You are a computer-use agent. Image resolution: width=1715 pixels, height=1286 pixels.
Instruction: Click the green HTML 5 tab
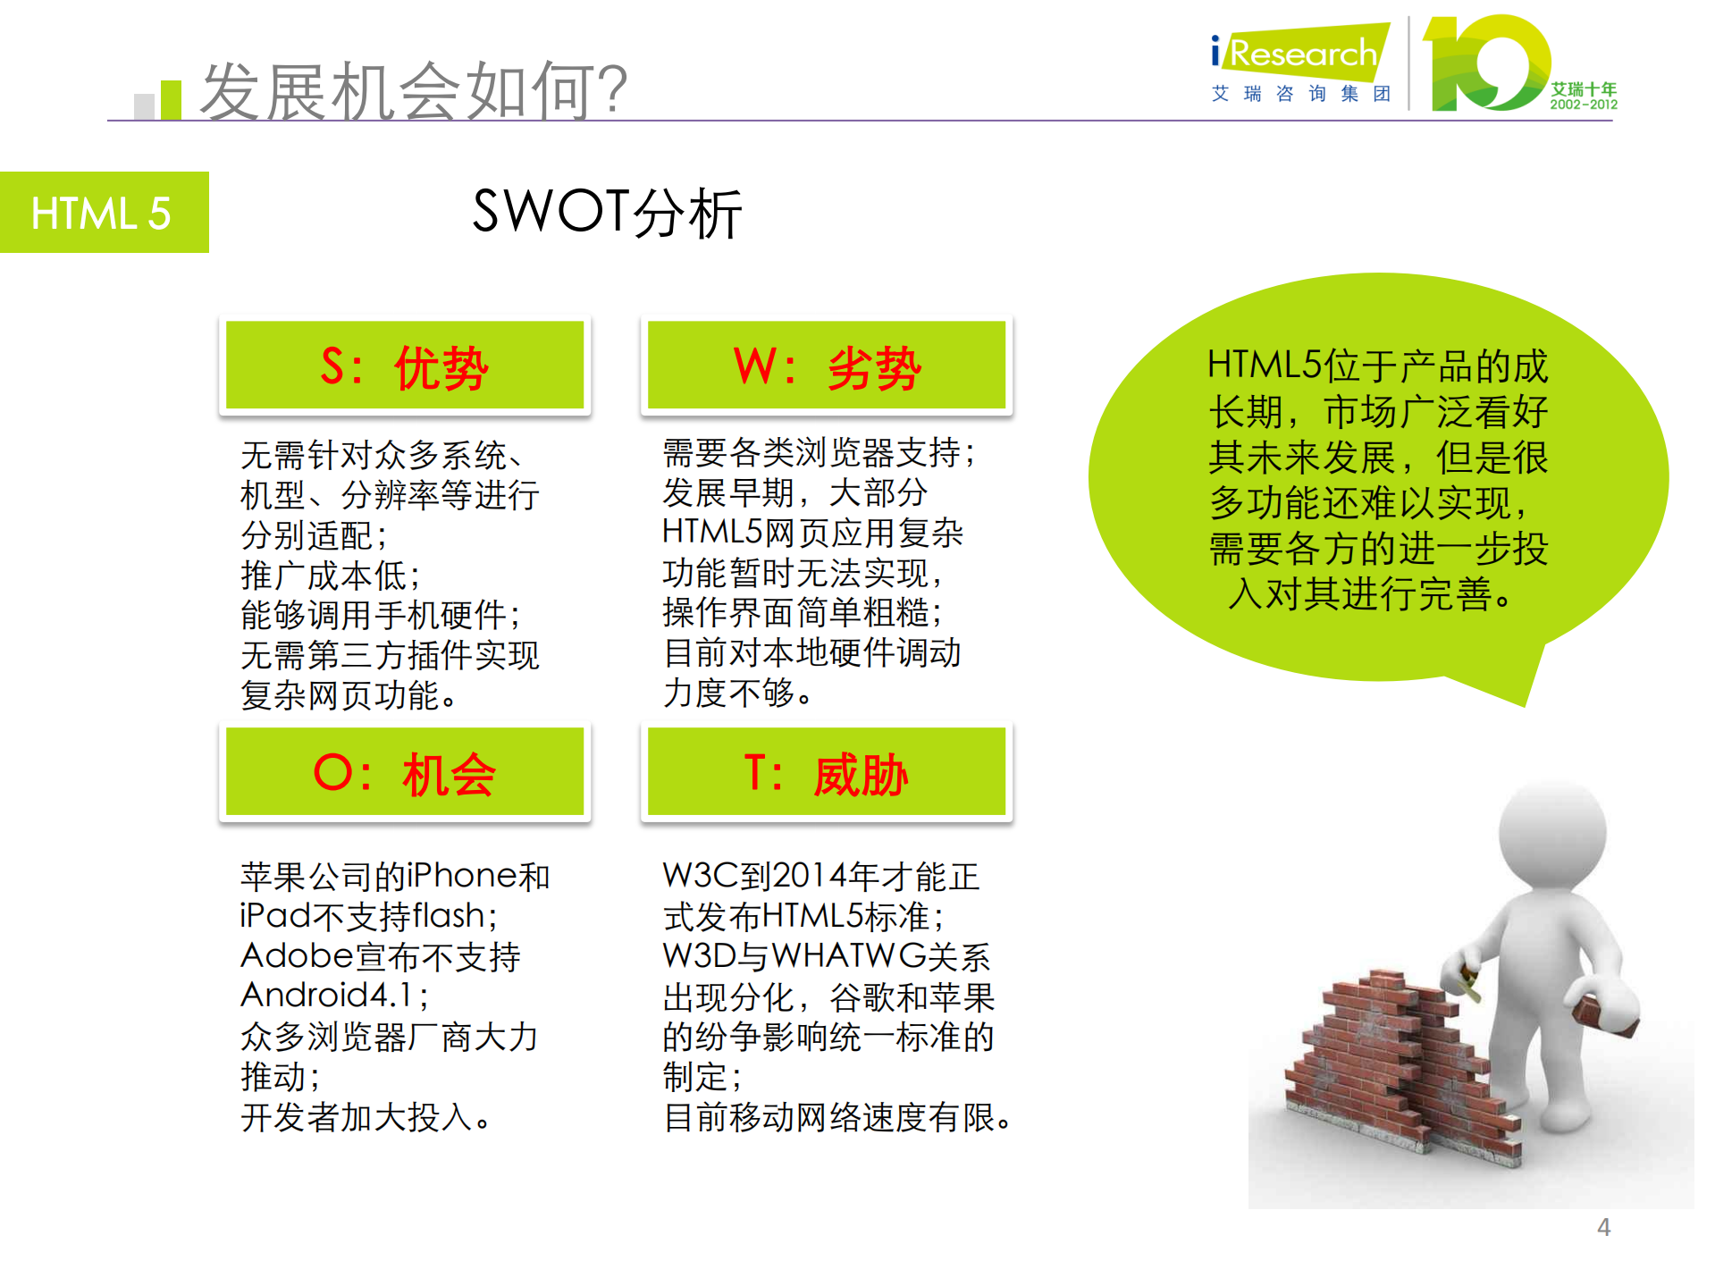tap(104, 213)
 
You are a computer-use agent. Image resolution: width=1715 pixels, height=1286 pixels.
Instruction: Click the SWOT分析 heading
tap(607, 213)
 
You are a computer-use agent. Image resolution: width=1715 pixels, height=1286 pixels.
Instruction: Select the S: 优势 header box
tap(405, 366)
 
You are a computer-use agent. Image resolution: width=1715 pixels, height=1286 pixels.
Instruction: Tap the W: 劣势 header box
tap(827, 366)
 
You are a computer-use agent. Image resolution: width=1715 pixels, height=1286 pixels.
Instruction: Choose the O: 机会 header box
tap(405, 772)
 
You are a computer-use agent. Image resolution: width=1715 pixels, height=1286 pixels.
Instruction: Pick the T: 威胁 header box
tap(827, 772)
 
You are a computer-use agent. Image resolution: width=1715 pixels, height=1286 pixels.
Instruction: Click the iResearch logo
tap(1299, 55)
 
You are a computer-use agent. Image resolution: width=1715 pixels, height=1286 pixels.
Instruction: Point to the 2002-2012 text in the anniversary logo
tap(1583, 105)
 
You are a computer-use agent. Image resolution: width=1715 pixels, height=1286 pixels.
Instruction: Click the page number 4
tap(1603, 1227)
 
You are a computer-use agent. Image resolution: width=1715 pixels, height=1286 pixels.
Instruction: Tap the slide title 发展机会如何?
tap(414, 91)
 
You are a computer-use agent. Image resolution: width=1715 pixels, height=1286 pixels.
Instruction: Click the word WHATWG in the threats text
tap(849, 956)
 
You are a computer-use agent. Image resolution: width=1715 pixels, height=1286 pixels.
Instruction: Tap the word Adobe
tap(298, 956)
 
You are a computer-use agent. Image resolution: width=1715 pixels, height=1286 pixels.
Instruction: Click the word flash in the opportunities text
tap(448, 916)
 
